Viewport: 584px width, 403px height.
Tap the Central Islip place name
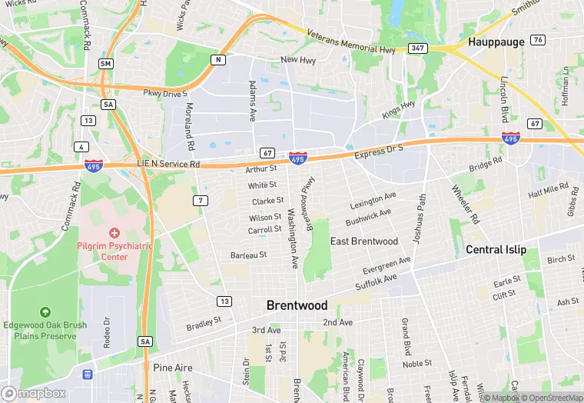496,250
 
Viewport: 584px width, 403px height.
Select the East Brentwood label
364,241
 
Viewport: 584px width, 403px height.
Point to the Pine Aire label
172,368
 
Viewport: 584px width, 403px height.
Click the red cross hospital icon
114,232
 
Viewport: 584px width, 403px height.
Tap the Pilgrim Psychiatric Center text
114,251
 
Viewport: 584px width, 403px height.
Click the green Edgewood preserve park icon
45,312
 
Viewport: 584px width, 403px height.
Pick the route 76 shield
538,39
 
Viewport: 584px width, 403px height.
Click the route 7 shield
199,201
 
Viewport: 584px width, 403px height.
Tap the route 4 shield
81,146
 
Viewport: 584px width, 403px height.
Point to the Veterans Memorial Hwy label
350,42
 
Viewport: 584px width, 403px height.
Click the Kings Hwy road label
398,109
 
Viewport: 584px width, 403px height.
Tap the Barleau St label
248,255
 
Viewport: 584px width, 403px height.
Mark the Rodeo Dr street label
108,331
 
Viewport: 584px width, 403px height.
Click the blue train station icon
88,375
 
